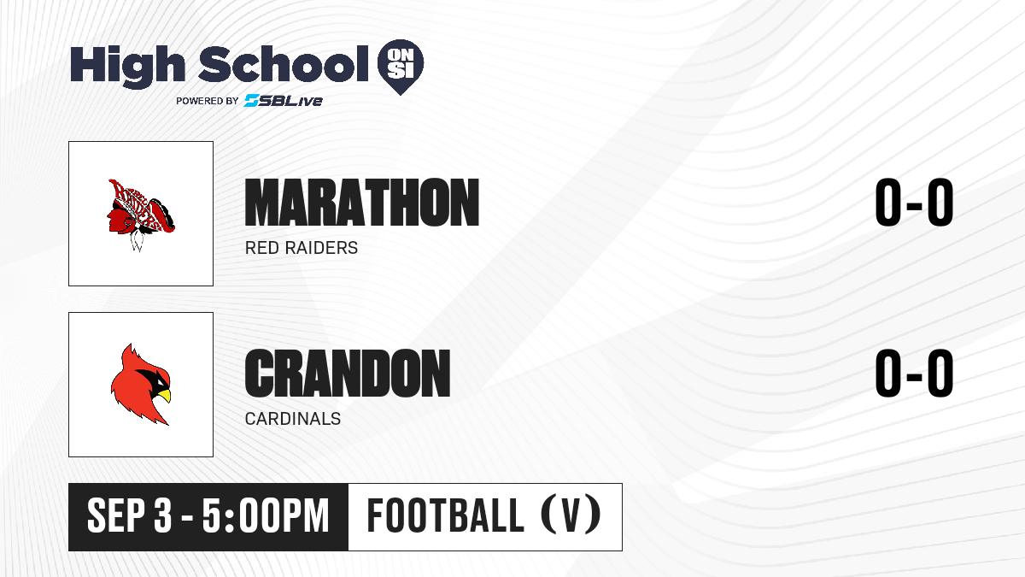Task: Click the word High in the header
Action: click(x=127, y=65)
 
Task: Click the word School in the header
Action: click(x=284, y=63)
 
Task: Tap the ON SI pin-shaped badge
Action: click(x=401, y=67)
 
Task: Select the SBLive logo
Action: click(x=284, y=101)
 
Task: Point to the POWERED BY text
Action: click(x=208, y=101)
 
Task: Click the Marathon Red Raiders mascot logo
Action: click(x=140, y=215)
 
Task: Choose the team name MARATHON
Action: click(x=362, y=203)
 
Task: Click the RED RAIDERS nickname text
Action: click(x=302, y=248)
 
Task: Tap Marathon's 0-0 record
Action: click(x=914, y=203)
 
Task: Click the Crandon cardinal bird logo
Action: click(x=140, y=384)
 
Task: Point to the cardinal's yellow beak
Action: click(x=164, y=396)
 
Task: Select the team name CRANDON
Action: click(x=348, y=374)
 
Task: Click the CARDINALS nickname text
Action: click(x=293, y=419)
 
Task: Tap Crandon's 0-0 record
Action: click(x=914, y=374)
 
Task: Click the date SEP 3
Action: click(x=130, y=516)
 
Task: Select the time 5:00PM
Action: click(x=266, y=516)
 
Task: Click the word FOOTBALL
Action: click(x=445, y=515)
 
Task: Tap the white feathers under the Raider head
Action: click(x=137, y=240)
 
